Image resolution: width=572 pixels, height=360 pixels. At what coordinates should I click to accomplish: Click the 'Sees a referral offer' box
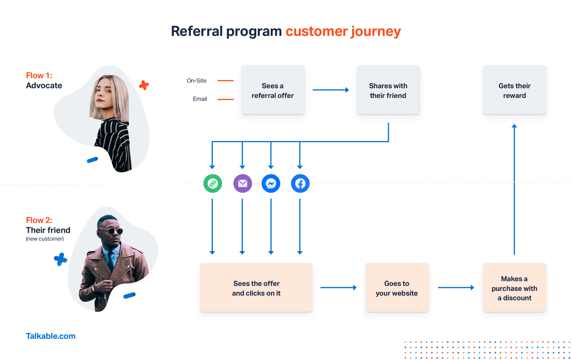273,90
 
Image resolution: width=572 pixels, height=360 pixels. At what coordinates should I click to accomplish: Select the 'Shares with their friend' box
388,90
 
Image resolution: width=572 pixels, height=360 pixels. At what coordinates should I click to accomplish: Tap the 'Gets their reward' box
514,90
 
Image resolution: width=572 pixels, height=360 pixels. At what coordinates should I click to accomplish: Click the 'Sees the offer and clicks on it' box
256,288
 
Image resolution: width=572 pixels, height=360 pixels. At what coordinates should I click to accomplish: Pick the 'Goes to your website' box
397,288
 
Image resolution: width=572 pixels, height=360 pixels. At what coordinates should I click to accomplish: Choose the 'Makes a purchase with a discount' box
514,288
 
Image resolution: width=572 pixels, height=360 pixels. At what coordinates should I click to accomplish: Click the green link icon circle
213,184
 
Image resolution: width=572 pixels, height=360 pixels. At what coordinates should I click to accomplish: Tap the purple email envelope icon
242,184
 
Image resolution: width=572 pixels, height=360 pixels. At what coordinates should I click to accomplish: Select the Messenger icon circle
271,184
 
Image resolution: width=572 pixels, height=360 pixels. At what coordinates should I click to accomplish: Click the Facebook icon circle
300,184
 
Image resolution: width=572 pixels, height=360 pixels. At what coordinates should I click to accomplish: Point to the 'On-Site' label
197,81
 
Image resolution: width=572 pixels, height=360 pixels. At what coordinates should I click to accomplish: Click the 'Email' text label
200,99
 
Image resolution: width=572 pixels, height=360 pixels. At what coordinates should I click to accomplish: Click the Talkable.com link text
51,336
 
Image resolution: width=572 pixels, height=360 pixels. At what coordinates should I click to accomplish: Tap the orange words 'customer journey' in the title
343,31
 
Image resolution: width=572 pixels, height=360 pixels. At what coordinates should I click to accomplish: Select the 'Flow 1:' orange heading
39,76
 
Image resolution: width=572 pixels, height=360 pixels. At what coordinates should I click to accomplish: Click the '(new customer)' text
45,239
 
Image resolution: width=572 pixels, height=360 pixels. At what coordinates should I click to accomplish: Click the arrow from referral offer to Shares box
331,90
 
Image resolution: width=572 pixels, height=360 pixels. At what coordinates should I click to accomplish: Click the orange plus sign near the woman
144,85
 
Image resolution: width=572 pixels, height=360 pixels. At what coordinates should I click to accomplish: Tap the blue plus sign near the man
61,259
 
